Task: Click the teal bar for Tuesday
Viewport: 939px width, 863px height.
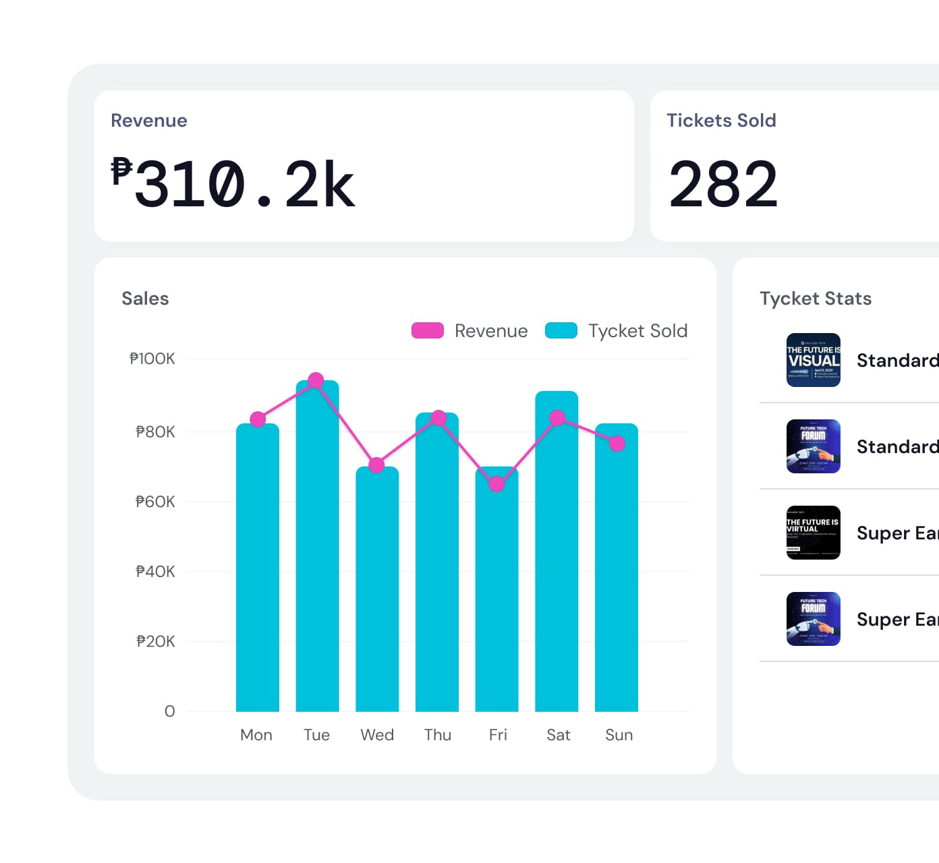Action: tap(317, 546)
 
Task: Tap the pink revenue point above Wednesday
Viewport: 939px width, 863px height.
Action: tap(377, 465)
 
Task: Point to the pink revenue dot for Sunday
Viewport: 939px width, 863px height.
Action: tap(617, 444)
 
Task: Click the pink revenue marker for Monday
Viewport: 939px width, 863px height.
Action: tap(258, 419)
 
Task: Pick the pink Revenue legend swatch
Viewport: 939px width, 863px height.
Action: tap(428, 330)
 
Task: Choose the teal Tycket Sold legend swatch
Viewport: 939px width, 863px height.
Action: tap(561, 330)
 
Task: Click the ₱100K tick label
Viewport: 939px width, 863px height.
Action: tap(152, 359)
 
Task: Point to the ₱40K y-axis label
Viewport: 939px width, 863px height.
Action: tap(155, 572)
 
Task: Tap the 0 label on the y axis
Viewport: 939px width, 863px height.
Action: tap(169, 711)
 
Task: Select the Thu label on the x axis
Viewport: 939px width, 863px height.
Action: tap(438, 735)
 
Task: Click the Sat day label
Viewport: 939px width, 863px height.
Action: tap(559, 735)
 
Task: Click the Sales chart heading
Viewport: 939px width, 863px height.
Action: tap(145, 299)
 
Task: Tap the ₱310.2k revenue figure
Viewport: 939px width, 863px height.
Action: tap(243, 183)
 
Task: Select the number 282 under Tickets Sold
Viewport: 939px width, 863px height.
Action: tap(723, 183)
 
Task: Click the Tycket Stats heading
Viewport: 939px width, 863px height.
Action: tap(816, 299)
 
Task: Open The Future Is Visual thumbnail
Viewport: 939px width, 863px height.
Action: tap(814, 360)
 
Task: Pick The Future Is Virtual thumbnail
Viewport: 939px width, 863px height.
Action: tap(814, 533)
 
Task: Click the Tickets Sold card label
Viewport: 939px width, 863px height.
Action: tap(721, 121)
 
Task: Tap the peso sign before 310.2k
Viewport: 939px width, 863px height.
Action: tap(121, 171)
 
